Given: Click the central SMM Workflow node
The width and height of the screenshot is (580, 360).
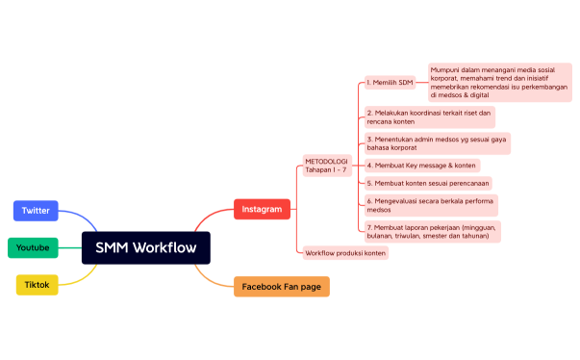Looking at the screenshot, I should pos(145,247).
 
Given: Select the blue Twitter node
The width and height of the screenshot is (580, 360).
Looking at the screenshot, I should pos(36,210).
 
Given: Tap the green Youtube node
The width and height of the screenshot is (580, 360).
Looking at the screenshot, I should pos(33,247).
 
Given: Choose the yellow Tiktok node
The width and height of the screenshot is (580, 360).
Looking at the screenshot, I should pos(38,284).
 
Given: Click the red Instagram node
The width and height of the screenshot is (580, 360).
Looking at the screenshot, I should pos(262,209).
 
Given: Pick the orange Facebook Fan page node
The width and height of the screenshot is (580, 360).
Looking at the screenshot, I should pos(281,287).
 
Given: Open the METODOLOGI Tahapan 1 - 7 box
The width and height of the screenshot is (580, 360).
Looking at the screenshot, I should pos(326,165).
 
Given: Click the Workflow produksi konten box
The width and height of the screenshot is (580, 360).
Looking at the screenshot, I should pos(345,252).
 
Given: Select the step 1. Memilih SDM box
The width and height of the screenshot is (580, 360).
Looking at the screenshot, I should pos(391,83).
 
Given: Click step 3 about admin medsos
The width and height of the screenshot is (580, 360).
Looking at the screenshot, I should pos(437,143).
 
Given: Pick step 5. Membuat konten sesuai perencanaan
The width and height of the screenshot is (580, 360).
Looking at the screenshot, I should pos(428,183).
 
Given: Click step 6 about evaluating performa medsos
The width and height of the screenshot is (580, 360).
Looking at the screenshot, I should pos(430,204).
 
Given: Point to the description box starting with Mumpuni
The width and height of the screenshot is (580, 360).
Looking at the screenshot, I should pos(499,82).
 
